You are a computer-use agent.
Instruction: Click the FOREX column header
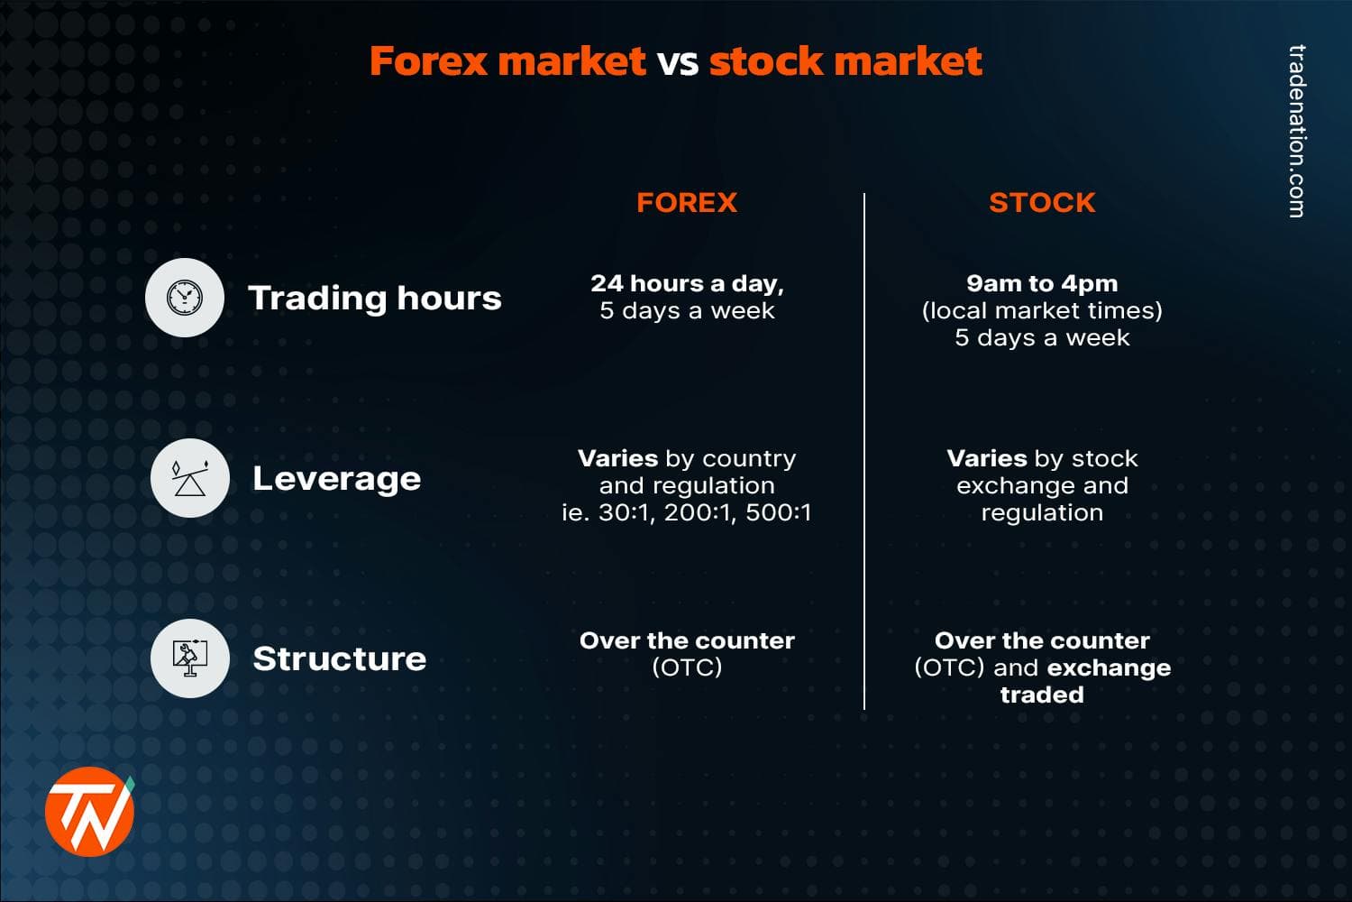687,202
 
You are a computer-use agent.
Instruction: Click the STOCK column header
1042,202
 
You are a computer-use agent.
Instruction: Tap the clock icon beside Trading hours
185,298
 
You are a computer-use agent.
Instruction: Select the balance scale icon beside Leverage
189,478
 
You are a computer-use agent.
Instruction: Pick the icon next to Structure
189,658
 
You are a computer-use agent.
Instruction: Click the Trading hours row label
374,298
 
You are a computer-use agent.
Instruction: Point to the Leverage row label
336,478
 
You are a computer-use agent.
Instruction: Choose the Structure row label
339,658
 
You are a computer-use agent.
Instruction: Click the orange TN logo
89,811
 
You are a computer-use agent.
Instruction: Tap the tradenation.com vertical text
1296,131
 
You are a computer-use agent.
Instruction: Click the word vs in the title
677,61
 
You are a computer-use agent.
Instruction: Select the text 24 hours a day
687,283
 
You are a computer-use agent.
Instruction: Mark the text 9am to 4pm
1042,283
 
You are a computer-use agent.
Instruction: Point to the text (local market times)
1042,310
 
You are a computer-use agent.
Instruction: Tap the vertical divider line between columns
864,451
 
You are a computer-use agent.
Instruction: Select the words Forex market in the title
507,61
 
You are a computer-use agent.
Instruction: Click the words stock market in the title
845,61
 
